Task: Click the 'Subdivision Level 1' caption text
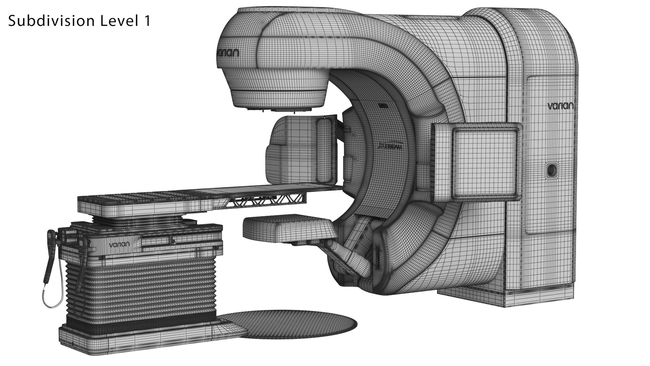pos(79,21)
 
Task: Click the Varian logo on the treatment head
pos(228,53)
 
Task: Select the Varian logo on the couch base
pos(119,244)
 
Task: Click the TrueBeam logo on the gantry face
pos(390,147)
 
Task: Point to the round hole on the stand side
pos(551,169)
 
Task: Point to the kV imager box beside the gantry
pos(302,149)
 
